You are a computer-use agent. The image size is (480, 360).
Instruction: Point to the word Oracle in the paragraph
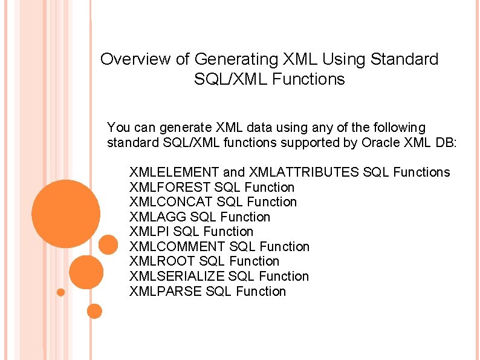click(x=380, y=143)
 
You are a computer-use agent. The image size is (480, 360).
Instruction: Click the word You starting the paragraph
click(x=118, y=128)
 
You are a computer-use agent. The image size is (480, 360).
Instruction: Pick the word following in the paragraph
click(x=400, y=128)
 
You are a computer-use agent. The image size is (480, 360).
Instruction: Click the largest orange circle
click(x=65, y=214)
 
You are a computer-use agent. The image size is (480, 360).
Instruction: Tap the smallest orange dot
click(x=60, y=293)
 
